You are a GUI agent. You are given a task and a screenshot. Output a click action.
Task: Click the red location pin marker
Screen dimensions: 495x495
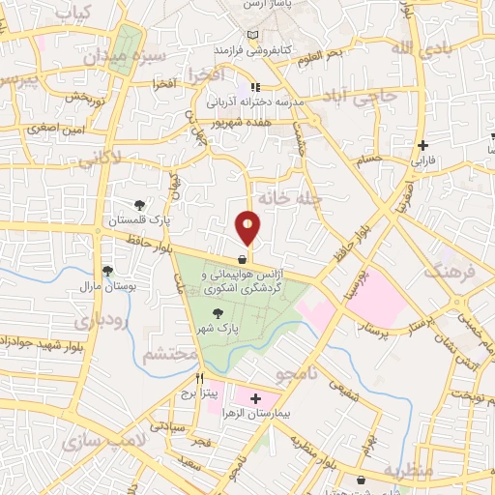[x=247, y=228]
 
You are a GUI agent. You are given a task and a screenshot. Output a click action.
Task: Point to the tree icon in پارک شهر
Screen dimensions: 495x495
[x=218, y=312]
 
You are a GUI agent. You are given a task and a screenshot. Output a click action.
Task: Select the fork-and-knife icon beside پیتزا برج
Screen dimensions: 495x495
[x=200, y=378]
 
